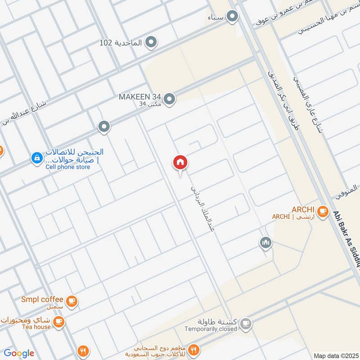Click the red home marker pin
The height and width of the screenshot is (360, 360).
point(180,162)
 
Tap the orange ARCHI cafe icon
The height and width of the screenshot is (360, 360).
point(322,211)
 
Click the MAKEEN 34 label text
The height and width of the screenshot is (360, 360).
point(140,97)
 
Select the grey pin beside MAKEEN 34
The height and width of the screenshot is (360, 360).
point(169,99)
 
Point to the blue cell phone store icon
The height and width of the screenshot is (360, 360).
point(36,158)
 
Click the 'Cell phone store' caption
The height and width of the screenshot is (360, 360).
point(67,167)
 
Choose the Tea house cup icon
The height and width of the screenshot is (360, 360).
point(58,321)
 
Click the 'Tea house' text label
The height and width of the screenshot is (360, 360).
point(36,327)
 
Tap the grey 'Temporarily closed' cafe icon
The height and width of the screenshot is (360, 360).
point(246,323)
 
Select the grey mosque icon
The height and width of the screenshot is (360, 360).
point(265,243)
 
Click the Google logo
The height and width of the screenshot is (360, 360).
point(19,353)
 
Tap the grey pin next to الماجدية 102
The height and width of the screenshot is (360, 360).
point(152,43)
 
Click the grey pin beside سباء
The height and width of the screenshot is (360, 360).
point(232,17)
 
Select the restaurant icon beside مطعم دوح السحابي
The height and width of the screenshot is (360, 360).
point(194,350)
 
